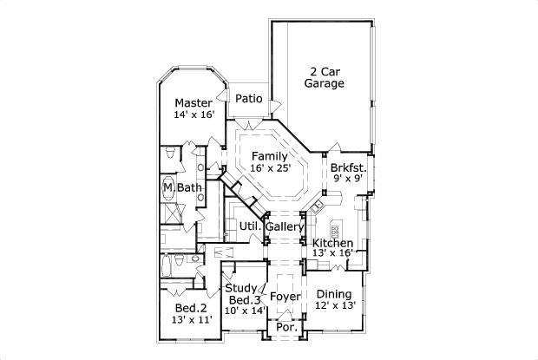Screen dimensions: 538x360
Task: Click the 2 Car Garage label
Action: pos(325,77)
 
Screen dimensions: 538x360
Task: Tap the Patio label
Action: pos(249,99)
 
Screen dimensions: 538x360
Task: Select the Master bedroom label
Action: pos(194,103)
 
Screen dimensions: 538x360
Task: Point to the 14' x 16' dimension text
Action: pos(194,115)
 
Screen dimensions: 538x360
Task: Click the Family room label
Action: pos(270,156)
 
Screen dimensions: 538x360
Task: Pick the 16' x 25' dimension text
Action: pos(271,168)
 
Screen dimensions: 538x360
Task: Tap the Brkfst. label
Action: pos(349,168)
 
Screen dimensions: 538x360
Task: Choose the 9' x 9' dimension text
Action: pos(348,179)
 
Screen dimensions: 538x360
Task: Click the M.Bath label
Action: pos(182,187)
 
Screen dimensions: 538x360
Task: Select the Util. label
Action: pos(251,226)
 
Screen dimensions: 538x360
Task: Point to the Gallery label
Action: pos(285,227)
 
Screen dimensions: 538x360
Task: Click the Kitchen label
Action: pos(332,243)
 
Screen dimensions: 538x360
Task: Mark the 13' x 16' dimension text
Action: pos(332,253)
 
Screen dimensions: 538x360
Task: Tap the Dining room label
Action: pos(334,294)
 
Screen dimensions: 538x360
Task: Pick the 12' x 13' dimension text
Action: pos(335,305)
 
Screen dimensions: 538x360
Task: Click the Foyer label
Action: pos(285,297)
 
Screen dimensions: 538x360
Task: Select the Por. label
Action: pos(287,327)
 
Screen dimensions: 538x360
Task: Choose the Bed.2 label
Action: pos(191,308)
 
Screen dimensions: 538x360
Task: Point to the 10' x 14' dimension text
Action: pos(245,311)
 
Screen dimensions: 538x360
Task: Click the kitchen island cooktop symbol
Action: pos(335,232)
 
